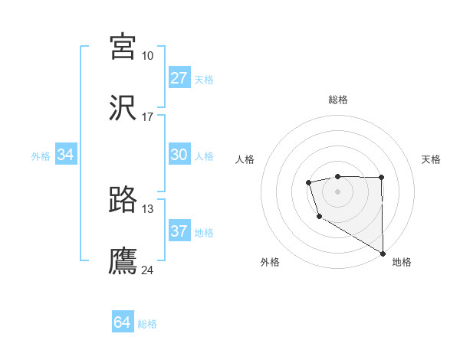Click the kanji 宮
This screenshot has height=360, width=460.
(x=123, y=47)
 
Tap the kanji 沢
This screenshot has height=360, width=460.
(x=123, y=109)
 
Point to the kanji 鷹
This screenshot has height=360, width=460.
(x=123, y=261)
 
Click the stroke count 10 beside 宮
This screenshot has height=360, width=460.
(x=147, y=55)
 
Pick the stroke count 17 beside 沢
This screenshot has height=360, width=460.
(x=147, y=117)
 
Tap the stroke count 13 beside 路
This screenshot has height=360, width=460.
(x=147, y=208)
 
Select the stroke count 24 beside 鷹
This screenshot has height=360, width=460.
(x=147, y=270)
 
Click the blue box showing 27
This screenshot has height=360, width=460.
(x=179, y=78)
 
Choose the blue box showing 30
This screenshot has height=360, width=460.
(x=179, y=155)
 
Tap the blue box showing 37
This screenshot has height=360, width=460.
(x=179, y=231)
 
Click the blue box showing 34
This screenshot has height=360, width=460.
(x=66, y=155)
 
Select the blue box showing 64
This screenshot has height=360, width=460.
(x=123, y=322)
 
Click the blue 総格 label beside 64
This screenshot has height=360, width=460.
(x=147, y=324)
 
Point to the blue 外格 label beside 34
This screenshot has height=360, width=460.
(x=41, y=156)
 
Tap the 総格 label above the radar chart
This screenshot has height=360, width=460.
(x=337, y=100)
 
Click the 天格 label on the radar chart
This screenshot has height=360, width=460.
(x=431, y=159)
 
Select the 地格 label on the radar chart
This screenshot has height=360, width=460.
(x=402, y=262)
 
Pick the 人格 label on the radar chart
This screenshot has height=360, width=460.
(x=245, y=159)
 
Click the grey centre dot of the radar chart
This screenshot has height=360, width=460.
(x=337, y=190)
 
